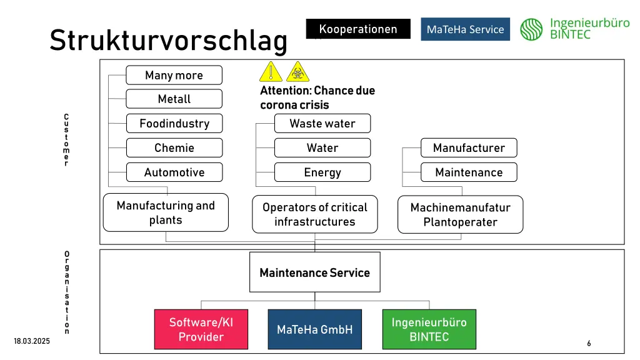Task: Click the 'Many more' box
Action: click(x=174, y=75)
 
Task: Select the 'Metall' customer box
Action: click(x=174, y=99)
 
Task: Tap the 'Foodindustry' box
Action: click(x=174, y=123)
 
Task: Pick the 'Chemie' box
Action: click(x=174, y=147)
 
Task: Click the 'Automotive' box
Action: click(x=174, y=172)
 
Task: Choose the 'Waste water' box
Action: click(x=322, y=123)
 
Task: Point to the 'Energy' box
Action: click(x=322, y=172)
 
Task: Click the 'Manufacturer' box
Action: click(x=469, y=147)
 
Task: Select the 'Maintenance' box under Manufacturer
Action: click(x=469, y=172)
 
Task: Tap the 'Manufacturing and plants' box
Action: click(x=165, y=212)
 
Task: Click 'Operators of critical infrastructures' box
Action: click(x=314, y=214)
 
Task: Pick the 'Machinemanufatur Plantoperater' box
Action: click(x=460, y=214)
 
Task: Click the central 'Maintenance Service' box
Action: click(x=314, y=272)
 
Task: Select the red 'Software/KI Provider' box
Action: click(x=201, y=329)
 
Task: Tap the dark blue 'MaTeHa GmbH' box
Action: click(x=314, y=329)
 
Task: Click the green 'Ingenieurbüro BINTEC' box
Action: click(x=429, y=329)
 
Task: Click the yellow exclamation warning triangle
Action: click(x=271, y=72)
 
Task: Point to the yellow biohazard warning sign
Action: click(x=297, y=72)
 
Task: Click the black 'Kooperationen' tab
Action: click(x=357, y=29)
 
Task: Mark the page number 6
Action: click(x=589, y=343)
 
